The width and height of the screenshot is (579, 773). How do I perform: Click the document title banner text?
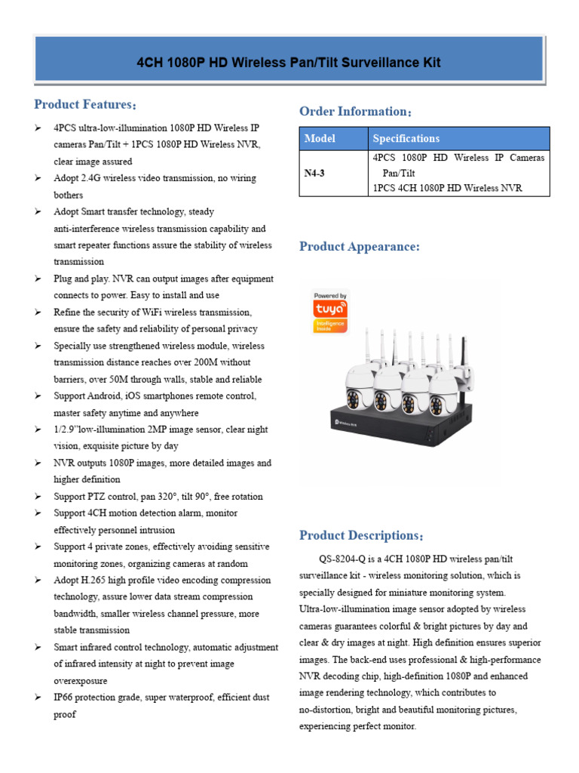point(289,62)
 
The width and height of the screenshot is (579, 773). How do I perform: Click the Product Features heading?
point(85,104)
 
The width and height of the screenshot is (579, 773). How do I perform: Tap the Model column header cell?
point(320,138)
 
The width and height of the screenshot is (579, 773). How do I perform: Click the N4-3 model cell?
point(314,173)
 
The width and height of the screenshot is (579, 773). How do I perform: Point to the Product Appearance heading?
point(359,247)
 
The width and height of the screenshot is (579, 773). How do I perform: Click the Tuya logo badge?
point(329,312)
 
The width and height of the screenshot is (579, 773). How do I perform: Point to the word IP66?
point(65,698)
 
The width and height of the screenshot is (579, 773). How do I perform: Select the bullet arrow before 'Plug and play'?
point(38,279)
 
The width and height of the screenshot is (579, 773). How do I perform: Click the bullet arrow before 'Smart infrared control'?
point(38,648)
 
